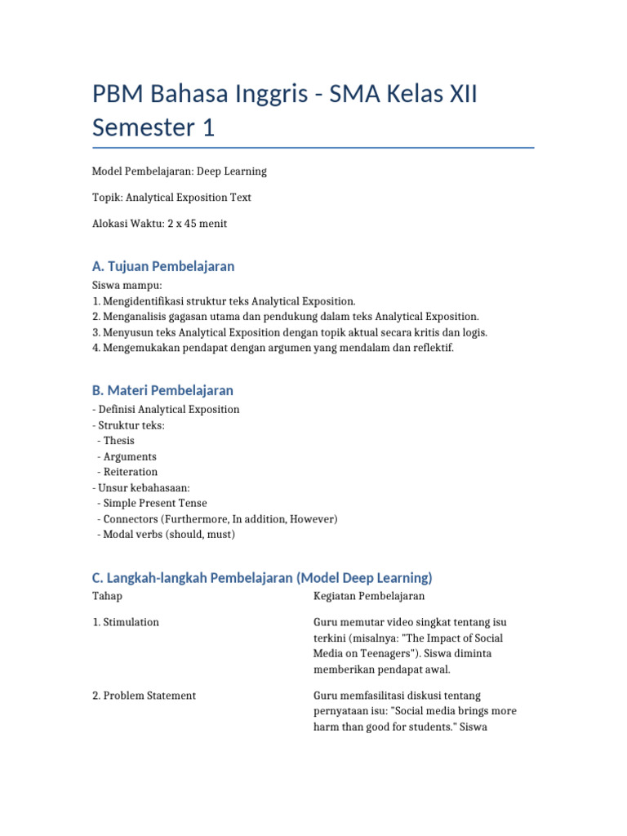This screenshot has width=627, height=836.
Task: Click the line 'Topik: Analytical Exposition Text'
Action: click(x=171, y=198)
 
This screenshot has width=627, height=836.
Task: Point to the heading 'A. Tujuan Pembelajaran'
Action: click(x=163, y=266)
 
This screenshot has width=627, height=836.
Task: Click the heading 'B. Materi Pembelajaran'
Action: click(x=162, y=390)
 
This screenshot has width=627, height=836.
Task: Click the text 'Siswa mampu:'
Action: click(x=127, y=286)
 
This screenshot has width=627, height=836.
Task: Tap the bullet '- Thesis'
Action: click(x=116, y=441)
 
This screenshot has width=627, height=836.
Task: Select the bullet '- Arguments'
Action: click(x=127, y=456)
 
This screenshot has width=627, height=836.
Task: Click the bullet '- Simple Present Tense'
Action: click(x=152, y=503)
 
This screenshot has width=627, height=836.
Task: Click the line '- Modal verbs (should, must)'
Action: click(x=166, y=535)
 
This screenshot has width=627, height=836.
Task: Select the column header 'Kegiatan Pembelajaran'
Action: click(x=369, y=597)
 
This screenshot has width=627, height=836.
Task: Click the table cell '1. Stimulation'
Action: click(x=126, y=622)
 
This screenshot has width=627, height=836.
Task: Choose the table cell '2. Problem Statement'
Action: click(x=144, y=696)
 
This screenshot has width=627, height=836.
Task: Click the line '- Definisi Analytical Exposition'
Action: click(x=166, y=410)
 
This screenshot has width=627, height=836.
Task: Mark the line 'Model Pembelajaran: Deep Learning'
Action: click(x=180, y=171)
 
